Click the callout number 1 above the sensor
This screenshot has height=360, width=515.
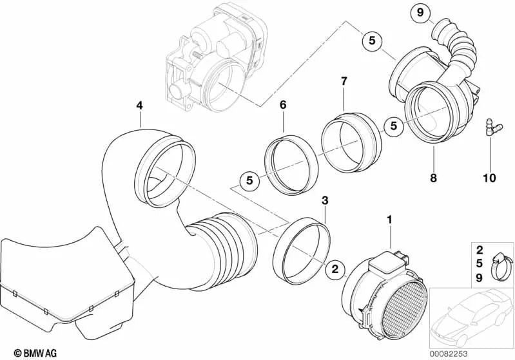[389, 220]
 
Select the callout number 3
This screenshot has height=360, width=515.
[325, 201]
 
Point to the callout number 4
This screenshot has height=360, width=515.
[139, 105]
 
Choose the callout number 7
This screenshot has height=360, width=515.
[344, 81]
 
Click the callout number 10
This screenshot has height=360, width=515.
[488, 177]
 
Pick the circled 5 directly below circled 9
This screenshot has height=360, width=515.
[371, 40]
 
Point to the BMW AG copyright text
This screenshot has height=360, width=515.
[26, 352]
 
